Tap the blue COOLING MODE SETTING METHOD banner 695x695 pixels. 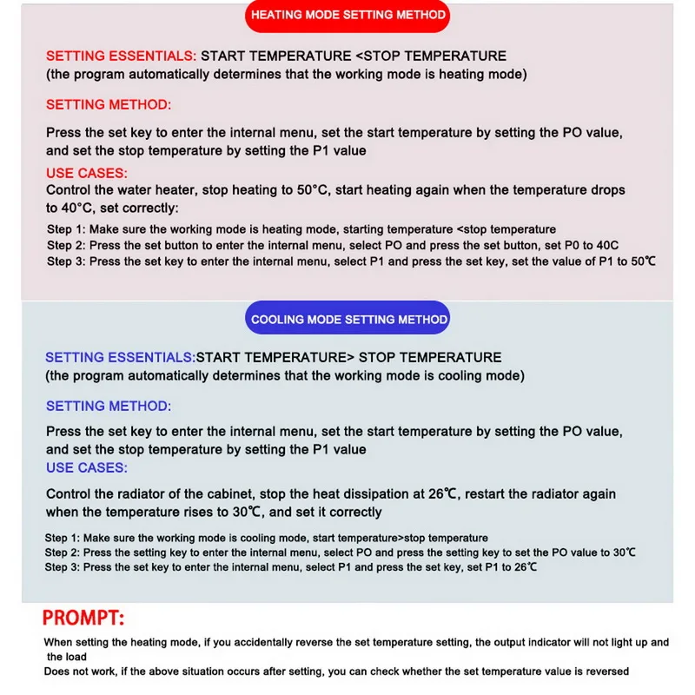coord(349,319)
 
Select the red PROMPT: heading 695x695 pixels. coord(83,619)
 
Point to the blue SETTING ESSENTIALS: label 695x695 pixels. coord(120,357)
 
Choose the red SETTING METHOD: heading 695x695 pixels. coord(109,104)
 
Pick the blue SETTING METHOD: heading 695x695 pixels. coord(109,406)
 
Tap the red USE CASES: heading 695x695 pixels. coord(87,173)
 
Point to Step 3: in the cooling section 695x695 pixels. coord(63,567)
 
